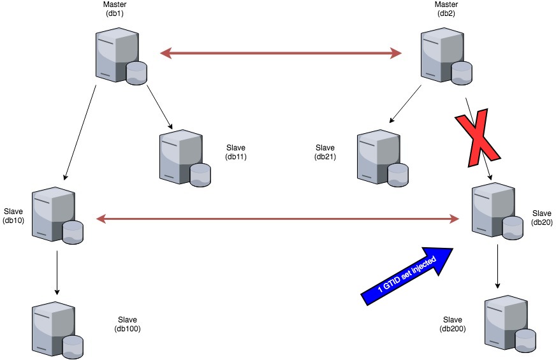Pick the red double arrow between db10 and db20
pyautogui.click(x=278, y=219)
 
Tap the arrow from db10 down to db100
pyautogui.click(x=57, y=272)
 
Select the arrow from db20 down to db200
pyautogui.click(x=497, y=267)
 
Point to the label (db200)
pyautogui.click(x=452, y=329)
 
